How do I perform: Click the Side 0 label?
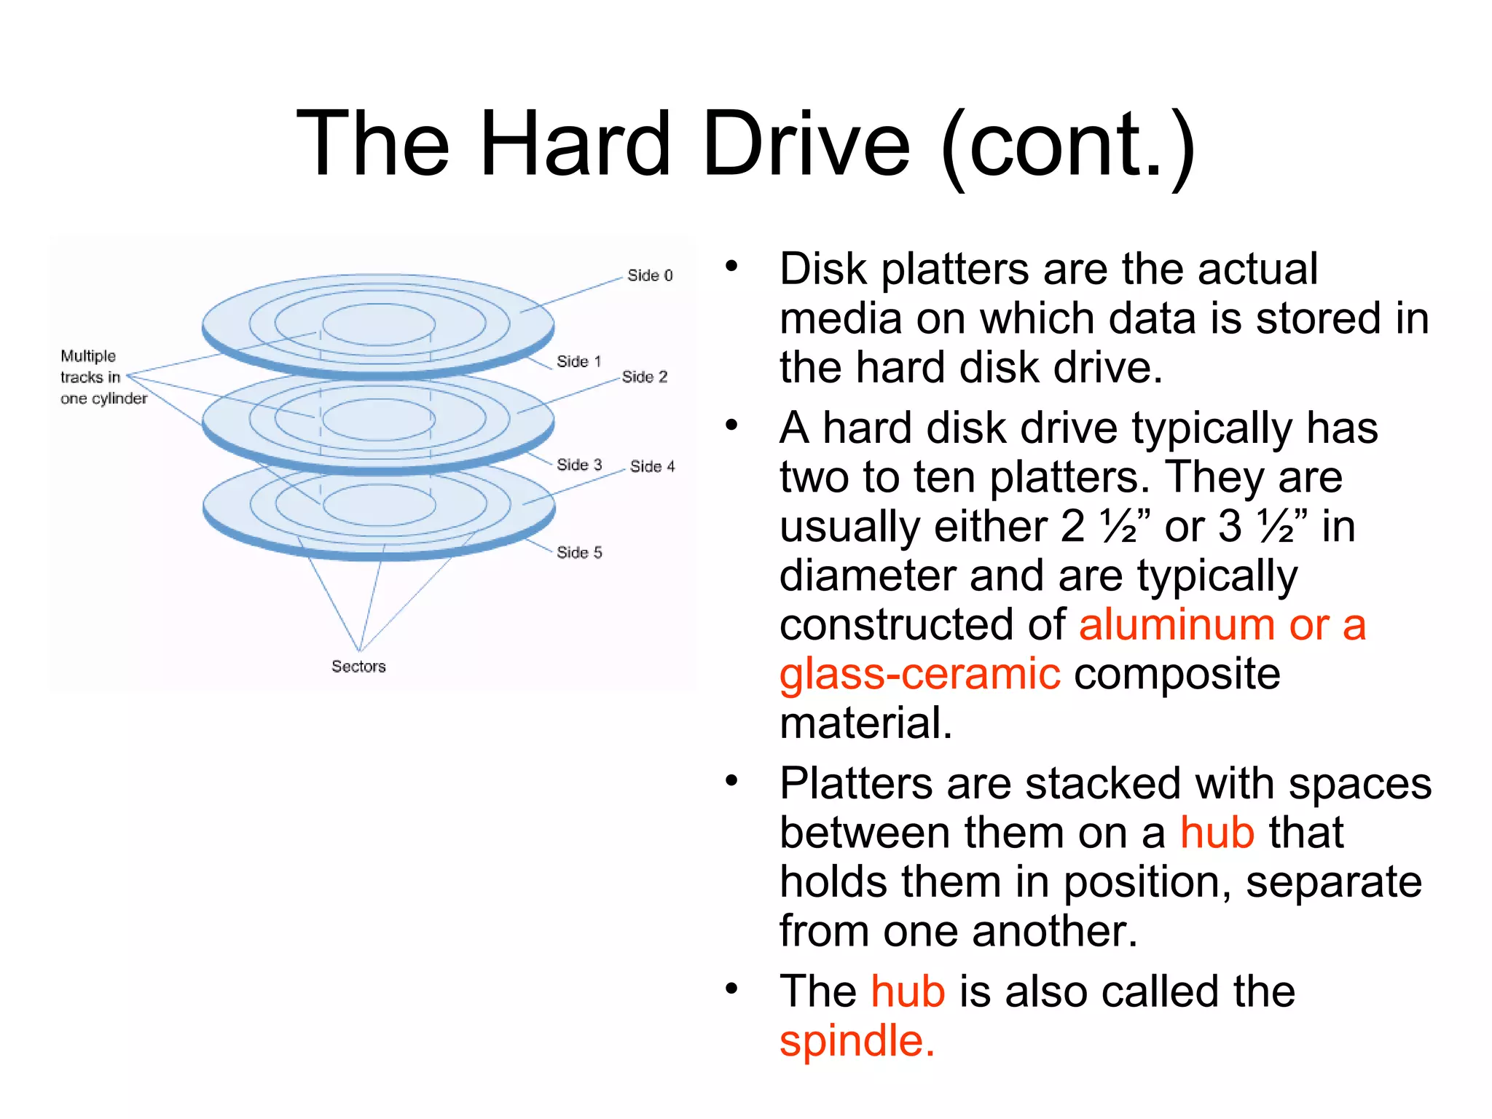[x=650, y=275]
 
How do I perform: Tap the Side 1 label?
[x=579, y=361]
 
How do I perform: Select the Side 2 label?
[x=645, y=377]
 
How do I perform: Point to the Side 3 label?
[x=579, y=465]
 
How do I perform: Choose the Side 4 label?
[x=653, y=466]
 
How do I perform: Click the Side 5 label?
[x=579, y=552]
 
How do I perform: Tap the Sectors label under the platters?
[x=358, y=666]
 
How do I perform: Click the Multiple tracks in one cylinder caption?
[x=102, y=377]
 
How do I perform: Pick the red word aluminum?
[x=1175, y=625]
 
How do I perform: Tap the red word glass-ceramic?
[x=919, y=674]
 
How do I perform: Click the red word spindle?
[x=857, y=1040]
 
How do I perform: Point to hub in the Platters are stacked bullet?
[x=1217, y=833]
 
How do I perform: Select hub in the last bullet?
[x=908, y=992]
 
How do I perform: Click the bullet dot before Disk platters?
[x=731, y=267]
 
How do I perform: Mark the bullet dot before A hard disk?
[x=731, y=425]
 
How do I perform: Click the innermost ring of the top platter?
[x=379, y=323]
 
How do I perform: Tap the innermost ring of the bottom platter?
[x=379, y=504]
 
